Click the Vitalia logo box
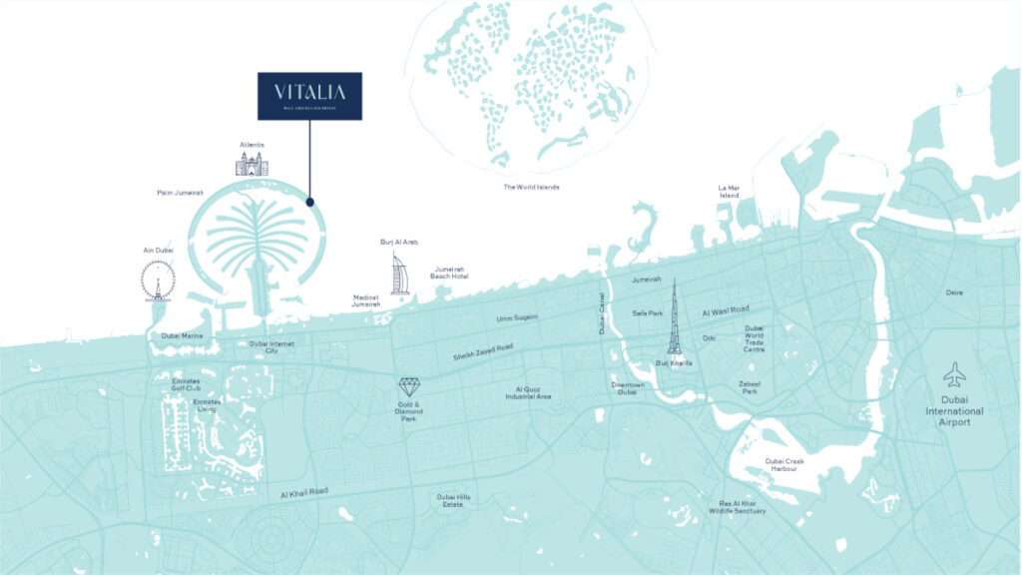[x=309, y=96]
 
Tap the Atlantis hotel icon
[x=252, y=164]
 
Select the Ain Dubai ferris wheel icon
[x=157, y=281]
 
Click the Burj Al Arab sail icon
[x=399, y=274]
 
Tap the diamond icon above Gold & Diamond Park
[x=410, y=387]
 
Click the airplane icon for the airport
[x=954, y=375]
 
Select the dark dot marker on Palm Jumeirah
[x=310, y=202]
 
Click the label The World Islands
[x=531, y=187]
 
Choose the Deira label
[x=955, y=292]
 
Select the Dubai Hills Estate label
[x=452, y=501]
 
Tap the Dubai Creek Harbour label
[x=784, y=465]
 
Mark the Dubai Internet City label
[x=270, y=347]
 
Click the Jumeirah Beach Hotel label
[x=449, y=273]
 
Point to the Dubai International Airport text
[x=954, y=410]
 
